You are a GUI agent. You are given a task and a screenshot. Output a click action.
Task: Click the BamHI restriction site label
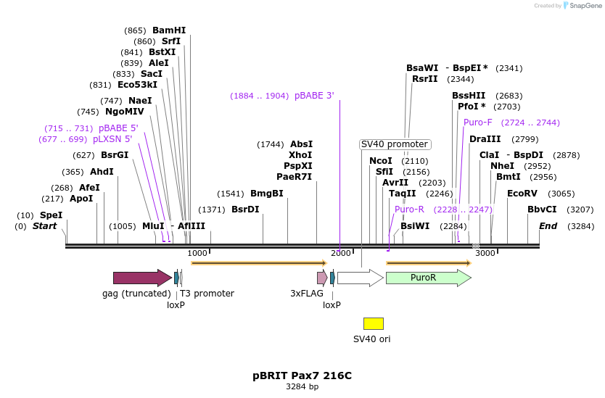tap(168, 30)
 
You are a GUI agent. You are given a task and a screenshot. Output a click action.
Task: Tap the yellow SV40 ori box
tap(373, 323)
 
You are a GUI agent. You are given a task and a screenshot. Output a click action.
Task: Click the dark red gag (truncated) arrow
tap(141, 278)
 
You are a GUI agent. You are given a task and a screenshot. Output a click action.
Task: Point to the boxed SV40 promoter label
tap(395, 144)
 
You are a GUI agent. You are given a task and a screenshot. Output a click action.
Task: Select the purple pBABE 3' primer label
tap(314, 96)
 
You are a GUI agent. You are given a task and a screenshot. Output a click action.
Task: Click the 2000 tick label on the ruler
tap(340, 253)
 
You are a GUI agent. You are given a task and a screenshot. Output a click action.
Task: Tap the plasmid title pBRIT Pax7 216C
tap(302, 376)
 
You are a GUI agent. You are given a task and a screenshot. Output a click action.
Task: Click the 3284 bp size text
tap(302, 387)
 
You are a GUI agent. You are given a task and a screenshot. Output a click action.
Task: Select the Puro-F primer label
tap(477, 123)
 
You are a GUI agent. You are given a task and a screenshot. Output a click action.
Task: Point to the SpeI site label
tap(51, 215)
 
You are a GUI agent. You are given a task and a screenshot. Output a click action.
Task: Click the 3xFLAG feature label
tap(306, 294)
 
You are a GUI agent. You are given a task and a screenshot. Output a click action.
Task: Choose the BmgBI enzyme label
tap(266, 194)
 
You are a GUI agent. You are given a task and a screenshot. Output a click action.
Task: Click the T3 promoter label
tap(207, 294)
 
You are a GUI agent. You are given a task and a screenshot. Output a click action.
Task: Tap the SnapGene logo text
tap(584, 6)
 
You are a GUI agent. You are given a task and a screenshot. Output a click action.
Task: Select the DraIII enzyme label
tap(485, 139)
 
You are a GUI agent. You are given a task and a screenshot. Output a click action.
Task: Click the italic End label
tap(548, 226)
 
